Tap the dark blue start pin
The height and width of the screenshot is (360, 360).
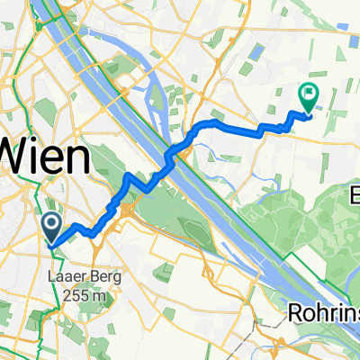click(51, 225)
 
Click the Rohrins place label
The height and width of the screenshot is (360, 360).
click(323, 312)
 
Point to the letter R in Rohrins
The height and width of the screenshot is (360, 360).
click(295, 312)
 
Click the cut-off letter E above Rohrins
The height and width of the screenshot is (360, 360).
click(354, 194)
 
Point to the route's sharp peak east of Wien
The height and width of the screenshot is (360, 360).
click(132, 175)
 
